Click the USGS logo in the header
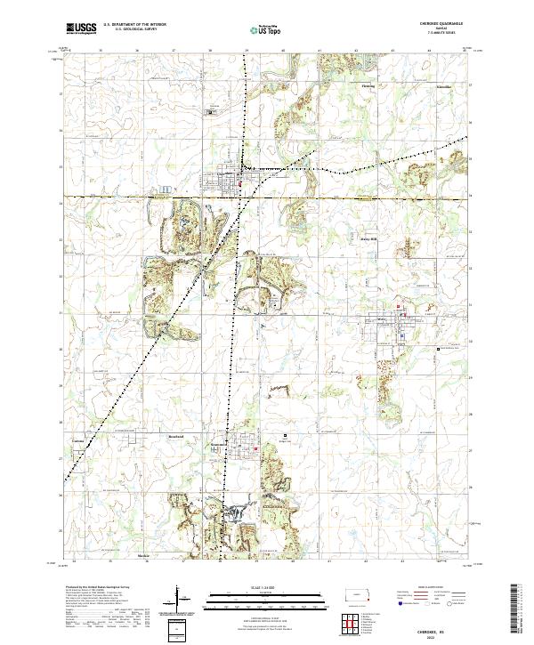tap(81, 28)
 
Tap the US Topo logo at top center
tap(259, 29)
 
